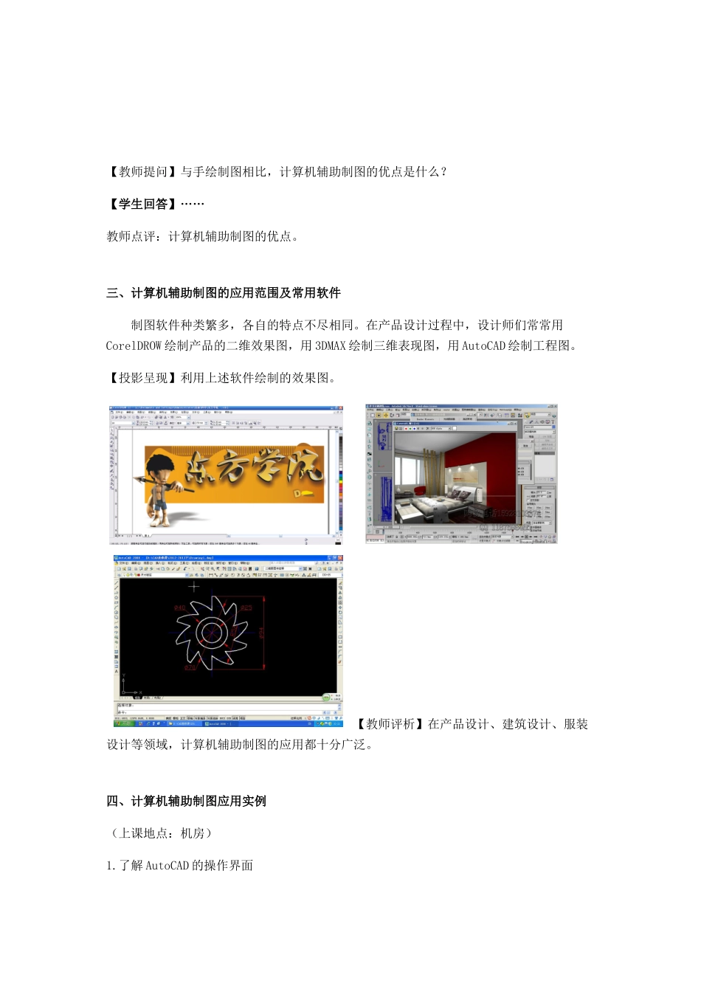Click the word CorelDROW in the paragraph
[x=134, y=345]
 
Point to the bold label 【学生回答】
[x=143, y=204]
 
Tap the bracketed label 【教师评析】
[x=390, y=724]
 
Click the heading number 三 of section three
[x=112, y=293]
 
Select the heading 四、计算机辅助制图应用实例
[x=186, y=802]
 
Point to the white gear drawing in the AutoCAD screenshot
[x=212, y=632]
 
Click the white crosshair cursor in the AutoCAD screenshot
[x=194, y=588]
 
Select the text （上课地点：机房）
[x=162, y=833]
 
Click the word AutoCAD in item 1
[x=167, y=866]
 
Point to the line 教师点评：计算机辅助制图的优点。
[x=203, y=237]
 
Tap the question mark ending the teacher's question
[x=443, y=172]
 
